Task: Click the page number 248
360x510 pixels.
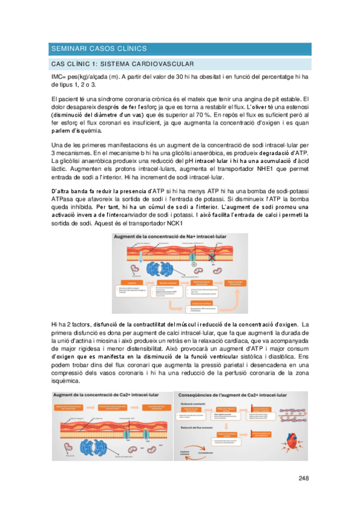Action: click(303, 479)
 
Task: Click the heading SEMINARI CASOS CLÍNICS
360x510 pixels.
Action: click(99, 48)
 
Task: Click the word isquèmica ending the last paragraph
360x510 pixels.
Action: click(65, 381)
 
